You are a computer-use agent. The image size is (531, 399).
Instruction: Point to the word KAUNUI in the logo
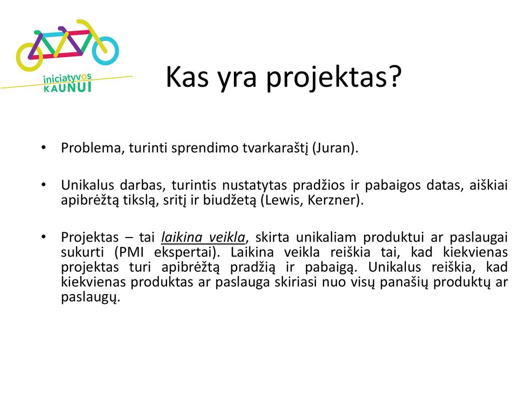pos(67,87)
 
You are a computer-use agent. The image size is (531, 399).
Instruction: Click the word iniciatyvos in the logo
pos(67,79)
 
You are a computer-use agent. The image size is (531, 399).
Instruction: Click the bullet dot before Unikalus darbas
pos(44,185)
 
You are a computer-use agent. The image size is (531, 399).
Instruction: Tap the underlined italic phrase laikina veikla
pos(203,237)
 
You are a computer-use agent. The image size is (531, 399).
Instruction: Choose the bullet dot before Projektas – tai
pos(44,237)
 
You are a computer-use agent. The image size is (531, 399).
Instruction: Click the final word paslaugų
pos(90,298)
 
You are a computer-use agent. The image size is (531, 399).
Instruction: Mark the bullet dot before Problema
pos(44,148)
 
